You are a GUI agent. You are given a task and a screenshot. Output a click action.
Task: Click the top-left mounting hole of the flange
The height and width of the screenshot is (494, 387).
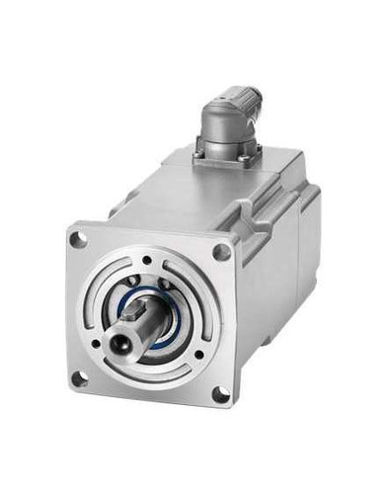coord(79,238)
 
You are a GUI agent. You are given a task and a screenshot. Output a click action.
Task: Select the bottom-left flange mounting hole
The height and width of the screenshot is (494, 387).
coord(80,377)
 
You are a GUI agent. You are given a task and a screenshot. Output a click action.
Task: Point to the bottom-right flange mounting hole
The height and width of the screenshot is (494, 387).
coord(219,396)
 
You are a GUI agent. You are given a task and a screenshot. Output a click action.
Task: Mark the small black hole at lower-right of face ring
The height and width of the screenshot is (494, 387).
coord(197,353)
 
